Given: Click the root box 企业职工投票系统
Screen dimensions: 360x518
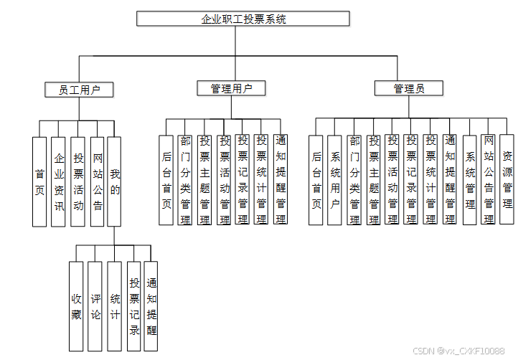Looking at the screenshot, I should pyautogui.click(x=243, y=19).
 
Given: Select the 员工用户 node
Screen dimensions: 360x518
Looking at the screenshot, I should pyautogui.click(x=78, y=90).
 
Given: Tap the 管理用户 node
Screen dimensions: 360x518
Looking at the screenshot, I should pyautogui.click(x=231, y=88).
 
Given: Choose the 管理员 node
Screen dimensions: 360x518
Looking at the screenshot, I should pyautogui.click(x=408, y=88).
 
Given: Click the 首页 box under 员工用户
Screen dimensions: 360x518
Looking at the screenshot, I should pyautogui.click(x=39, y=181).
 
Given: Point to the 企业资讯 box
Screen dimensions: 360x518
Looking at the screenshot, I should pyautogui.click(x=59, y=181).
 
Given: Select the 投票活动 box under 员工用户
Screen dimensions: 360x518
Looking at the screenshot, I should pyautogui.click(x=78, y=181).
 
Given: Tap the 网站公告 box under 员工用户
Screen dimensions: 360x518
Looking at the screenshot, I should pyautogui.click(x=98, y=181).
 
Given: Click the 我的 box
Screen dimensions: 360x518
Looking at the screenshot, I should pyautogui.click(x=115, y=181).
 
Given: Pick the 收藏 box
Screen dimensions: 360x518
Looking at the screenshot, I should pyautogui.click(x=76, y=306).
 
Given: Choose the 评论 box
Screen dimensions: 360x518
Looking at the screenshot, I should pyautogui.click(x=95, y=306).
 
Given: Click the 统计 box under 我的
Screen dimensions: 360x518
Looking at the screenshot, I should pyautogui.click(x=115, y=306).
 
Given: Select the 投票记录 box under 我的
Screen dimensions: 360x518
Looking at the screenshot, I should pyautogui.click(x=134, y=306).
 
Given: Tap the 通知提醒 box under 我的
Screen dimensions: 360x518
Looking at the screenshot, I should pyautogui.click(x=151, y=306).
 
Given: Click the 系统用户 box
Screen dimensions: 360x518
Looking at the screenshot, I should pyautogui.click(x=334, y=180).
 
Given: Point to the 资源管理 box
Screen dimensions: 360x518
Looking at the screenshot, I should pyautogui.click(x=507, y=180).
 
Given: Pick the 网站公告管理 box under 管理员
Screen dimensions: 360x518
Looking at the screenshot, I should pyautogui.click(x=489, y=180).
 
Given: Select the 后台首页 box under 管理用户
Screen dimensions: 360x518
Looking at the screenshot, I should pyautogui.click(x=166, y=180).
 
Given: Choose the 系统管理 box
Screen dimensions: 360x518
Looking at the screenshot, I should pyautogui.click(x=470, y=180).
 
